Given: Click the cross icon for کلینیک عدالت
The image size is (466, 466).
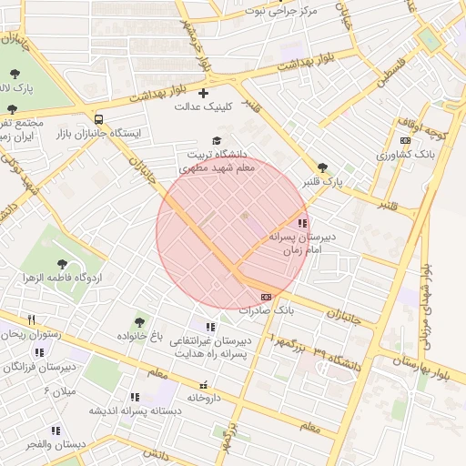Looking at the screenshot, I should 202,93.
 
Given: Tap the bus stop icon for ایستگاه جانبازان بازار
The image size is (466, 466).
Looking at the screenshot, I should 98,119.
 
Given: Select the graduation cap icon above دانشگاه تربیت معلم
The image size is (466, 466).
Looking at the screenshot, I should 216,140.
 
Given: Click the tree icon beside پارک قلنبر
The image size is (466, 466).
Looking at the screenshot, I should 322,167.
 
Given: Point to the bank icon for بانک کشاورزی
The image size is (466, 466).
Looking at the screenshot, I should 405,140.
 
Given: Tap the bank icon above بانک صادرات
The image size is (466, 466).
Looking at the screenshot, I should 266,296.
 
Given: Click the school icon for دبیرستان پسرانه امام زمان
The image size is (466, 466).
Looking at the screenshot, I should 302,222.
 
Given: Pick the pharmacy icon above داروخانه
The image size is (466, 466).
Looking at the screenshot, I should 204,384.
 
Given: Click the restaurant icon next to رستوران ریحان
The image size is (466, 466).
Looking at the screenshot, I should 32,319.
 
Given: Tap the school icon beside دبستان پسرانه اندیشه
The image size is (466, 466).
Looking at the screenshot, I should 135,397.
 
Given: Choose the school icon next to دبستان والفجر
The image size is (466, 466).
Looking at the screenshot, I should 56,431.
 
